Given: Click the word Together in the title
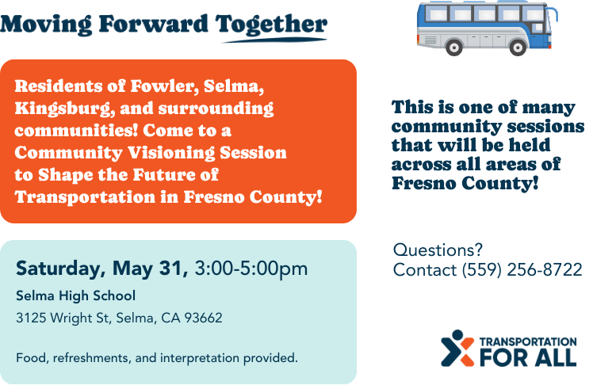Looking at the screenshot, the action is point(271,25).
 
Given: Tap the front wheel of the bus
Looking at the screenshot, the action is point(518,48).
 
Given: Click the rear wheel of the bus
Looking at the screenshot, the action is point(453,48).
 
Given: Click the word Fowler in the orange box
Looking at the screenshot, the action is point(165,86).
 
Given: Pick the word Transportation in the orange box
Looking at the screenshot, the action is point(85,197).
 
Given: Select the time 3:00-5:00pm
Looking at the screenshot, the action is point(251,269).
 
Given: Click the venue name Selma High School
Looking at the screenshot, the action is point(76,295).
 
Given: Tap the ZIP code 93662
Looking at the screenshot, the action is point(203,318).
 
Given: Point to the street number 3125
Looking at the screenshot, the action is point(31,318).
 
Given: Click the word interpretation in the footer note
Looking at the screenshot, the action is point(200,358).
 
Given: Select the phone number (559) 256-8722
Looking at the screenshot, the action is point(522,270).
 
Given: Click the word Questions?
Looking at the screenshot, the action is point(438,250).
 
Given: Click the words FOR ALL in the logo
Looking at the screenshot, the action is point(528,357).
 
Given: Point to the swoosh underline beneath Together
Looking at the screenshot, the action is point(275,40).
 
